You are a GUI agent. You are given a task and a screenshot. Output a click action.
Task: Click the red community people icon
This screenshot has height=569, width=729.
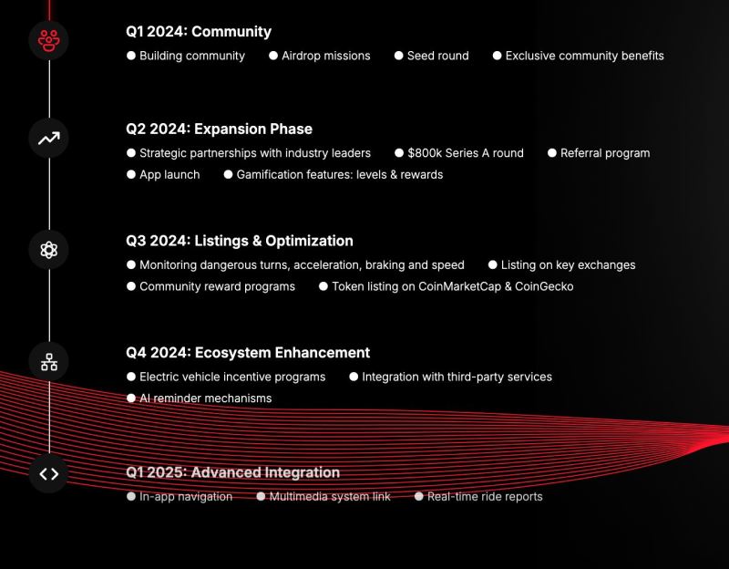49,40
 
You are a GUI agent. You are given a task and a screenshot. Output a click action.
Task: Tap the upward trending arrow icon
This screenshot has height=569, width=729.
49,139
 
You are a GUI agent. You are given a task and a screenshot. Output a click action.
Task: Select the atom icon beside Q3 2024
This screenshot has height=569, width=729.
49,250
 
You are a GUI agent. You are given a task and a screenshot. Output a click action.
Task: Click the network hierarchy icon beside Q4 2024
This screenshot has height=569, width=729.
49,362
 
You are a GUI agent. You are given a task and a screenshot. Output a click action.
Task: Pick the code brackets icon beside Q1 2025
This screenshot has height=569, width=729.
49,474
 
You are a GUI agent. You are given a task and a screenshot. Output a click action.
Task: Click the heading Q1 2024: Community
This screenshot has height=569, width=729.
199,31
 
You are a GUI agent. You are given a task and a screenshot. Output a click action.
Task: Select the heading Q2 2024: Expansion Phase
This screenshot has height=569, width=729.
219,129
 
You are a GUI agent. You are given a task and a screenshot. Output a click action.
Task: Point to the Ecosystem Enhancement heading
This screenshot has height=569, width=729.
282,352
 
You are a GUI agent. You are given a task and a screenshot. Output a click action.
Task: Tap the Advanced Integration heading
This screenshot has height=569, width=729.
265,472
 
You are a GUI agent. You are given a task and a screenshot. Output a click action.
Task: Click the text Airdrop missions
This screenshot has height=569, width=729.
326,56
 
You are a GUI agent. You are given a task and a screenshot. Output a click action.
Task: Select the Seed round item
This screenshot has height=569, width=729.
438,56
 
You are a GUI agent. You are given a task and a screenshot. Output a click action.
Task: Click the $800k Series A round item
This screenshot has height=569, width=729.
466,153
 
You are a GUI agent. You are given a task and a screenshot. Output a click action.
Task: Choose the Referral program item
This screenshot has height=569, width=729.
605,153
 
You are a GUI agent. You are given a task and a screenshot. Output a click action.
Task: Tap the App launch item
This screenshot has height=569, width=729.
169,174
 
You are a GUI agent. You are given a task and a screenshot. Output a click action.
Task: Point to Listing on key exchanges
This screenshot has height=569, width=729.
568,264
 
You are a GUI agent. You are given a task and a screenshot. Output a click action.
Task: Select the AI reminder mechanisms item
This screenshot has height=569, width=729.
206,398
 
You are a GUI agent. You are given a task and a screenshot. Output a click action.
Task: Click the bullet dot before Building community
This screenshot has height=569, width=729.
131,56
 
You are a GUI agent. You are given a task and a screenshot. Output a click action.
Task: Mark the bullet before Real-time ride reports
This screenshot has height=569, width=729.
419,496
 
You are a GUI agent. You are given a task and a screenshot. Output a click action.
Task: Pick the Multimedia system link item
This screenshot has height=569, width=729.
330,496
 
